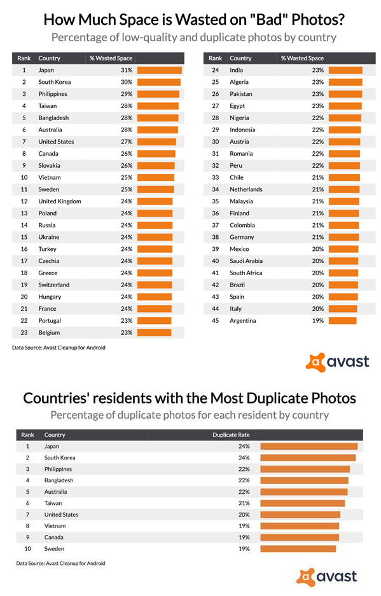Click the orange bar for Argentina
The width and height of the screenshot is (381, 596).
(x=343, y=320)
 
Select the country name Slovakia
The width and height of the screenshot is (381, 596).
(x=49, y=165)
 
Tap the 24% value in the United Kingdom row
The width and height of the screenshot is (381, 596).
(x=127, y=201)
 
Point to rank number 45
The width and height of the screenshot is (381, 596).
(x=216, y=320)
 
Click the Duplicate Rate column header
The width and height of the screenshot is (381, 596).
(x=231, y=435)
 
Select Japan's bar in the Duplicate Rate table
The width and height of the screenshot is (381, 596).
(x=309, y=446)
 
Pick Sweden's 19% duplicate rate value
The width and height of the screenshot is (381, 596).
(x=244, y=548)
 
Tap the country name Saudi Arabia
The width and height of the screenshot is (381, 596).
(x=246, y=261)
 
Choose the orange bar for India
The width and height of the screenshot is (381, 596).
(x=345, y=70)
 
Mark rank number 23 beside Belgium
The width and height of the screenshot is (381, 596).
(x=24, y=332)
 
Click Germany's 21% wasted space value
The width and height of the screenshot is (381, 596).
(x=318, y=237)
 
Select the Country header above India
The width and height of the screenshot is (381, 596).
(x=240, y=58)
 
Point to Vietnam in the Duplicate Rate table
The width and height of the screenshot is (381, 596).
(x=55, y=525)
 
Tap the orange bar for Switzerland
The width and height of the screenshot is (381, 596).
(x=155, y=285)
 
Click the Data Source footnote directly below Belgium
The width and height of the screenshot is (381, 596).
(x=59, y=348)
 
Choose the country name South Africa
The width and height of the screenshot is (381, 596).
(x=246, y=273)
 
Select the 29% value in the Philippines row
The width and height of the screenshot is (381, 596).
(x=127, y=94)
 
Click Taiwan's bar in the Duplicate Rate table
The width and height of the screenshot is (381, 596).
(x=303, y=503)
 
